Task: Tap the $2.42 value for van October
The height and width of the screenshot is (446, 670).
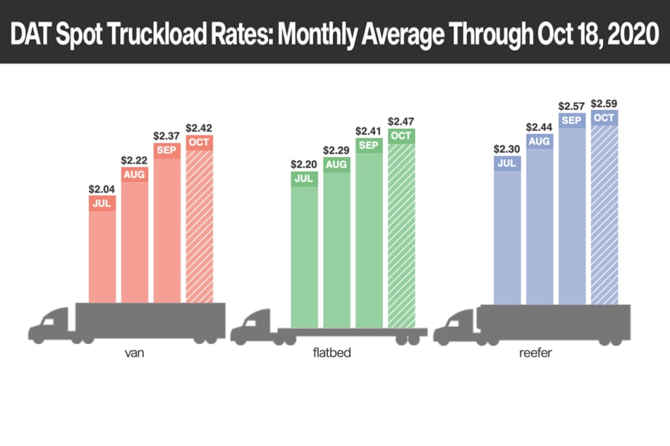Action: [x=199, y=127]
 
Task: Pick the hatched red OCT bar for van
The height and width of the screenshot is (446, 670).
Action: [x=199, y=226]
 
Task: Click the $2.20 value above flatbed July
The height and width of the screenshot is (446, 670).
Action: [x=304, y=164]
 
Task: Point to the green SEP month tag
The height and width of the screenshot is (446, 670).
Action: [x=368, y=146]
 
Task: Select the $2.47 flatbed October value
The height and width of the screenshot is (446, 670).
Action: [x=401, y=121]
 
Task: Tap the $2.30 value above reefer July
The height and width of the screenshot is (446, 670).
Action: [x=507, y=149]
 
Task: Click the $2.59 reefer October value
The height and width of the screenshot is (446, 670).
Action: [x=604, y=103]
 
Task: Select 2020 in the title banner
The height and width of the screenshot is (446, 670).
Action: [x=624, y=32]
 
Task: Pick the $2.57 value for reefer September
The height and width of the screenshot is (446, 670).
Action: [x=572, y=106]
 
